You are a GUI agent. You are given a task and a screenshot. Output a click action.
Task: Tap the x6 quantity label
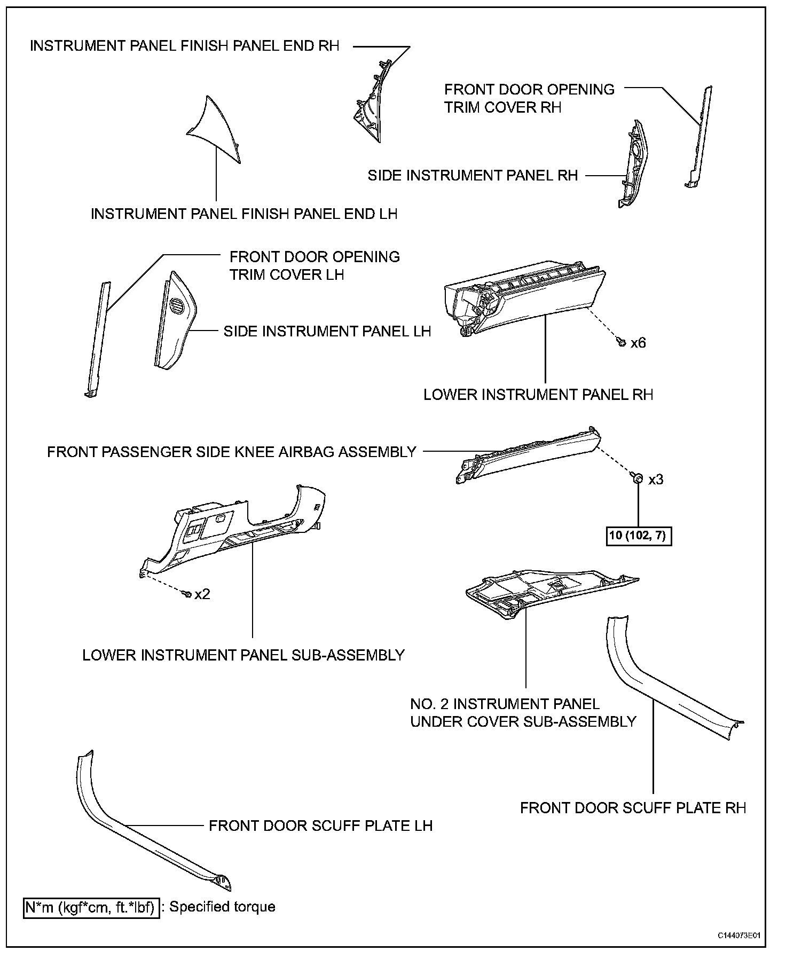click(x=638, y=343)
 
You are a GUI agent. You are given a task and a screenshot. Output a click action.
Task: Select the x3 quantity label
click(x=656, y=479)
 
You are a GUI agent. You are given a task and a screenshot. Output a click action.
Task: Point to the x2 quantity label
click(x=202, y=594)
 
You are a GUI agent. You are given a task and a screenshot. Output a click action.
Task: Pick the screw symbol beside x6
click(x=621, y=342)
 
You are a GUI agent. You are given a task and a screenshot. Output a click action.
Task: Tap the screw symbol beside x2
click(x=187, y=593)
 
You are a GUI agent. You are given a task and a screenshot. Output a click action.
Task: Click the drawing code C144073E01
click(x=739, y=936)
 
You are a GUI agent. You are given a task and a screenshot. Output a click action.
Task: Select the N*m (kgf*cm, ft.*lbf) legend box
click(x=91, y=907)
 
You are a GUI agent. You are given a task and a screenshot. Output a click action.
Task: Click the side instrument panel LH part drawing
click(x=174, y=320)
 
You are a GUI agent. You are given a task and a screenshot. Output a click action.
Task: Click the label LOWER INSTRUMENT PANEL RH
click(x=538, y=395)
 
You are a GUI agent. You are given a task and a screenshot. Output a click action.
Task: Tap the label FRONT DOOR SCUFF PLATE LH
click(x=320, y=826)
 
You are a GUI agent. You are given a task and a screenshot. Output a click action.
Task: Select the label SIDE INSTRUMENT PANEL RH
click(x=473, y=176)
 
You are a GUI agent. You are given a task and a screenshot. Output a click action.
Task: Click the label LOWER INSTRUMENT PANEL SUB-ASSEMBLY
click(x=243, y=655)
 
